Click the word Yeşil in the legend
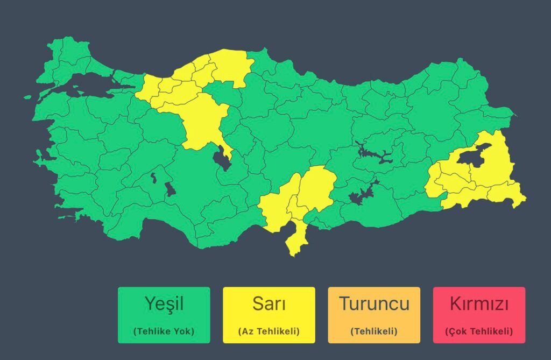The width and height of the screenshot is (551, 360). pos(164,304)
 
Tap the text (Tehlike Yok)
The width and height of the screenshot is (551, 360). pos(164,331)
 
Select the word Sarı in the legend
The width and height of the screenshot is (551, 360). pos(269,304)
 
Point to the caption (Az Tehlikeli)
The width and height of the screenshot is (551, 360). pos(269,331)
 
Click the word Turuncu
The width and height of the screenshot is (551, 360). pos(374,304)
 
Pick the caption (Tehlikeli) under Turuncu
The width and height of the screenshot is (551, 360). pos(374,331)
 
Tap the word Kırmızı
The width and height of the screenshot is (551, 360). pos(479,304)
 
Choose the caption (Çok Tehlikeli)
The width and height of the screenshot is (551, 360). pos(479,331)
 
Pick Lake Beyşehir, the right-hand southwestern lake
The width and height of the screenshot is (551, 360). pos(169,189)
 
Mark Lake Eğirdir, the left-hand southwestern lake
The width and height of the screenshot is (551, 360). pos(153,177)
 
